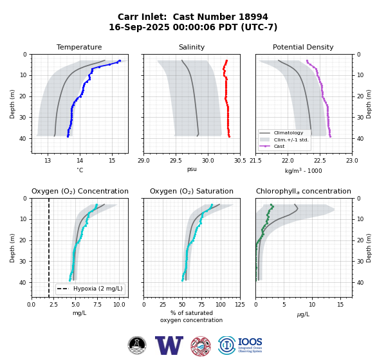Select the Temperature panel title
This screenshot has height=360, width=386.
(79, 47)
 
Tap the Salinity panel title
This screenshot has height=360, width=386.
(192, 47)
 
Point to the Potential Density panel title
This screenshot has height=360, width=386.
(303, 47)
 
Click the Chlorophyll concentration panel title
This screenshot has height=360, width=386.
(304, 191)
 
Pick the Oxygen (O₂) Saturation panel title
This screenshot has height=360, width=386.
(192, 191)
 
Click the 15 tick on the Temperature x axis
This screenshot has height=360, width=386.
(112, 161)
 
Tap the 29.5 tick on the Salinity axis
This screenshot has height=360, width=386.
(175, 161)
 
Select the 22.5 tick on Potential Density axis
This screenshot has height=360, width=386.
(320, 161)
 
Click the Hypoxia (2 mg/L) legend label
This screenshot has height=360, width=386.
(98, 289)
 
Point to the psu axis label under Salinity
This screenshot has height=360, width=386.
(192, 169)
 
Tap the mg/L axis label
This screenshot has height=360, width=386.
(79, 313)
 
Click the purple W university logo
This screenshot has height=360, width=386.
(169, 345)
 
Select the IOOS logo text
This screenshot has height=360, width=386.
(250, 342)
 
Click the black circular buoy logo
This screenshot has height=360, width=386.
(137, 345)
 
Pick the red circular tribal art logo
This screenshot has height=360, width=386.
(201, 346)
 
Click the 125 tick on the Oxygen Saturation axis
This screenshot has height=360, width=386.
(240, 305)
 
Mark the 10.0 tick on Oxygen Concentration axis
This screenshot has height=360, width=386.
(119, 305)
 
